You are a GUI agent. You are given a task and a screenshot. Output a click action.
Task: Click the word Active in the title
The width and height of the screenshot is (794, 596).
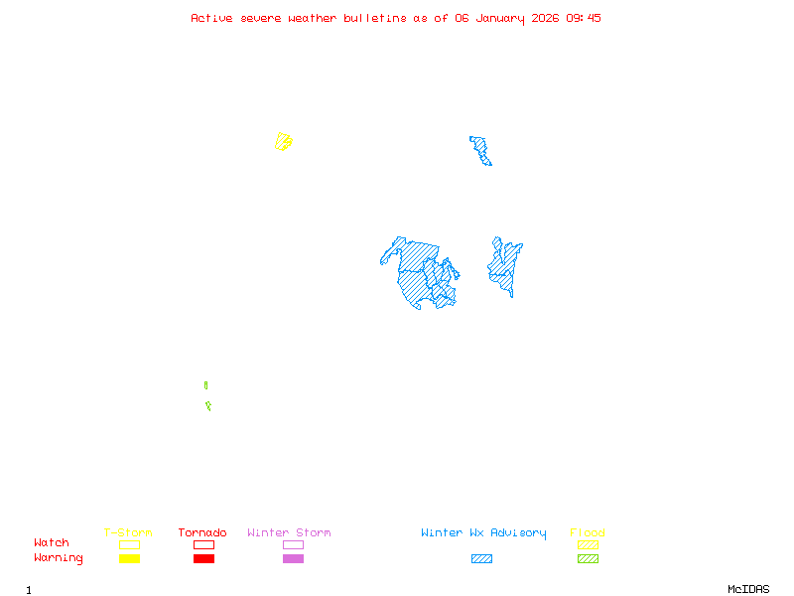coord(212,18)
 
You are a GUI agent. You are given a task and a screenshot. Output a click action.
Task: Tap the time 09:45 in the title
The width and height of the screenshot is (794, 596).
coord(584,18)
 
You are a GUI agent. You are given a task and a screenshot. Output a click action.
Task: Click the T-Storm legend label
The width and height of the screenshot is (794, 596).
coord(128,533)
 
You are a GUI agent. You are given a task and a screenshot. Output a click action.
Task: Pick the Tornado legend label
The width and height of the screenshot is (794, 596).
coord(202,533)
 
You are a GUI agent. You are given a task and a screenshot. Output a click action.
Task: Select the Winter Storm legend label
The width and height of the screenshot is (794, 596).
coord(289,533)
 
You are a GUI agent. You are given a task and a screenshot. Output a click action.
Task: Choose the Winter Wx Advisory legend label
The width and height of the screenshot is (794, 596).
coord(483,533)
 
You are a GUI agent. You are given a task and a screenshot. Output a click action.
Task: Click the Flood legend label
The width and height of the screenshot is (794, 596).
coord(588,533)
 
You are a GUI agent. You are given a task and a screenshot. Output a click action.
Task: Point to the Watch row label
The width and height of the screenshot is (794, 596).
coord(52,543)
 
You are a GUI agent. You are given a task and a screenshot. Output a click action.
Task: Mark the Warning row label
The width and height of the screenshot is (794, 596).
coord(58,558)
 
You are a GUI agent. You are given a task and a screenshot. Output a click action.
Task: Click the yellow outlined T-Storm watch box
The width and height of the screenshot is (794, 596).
coord(129,544)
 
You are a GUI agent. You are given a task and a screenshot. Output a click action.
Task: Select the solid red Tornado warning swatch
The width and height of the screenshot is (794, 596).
coord(203,558)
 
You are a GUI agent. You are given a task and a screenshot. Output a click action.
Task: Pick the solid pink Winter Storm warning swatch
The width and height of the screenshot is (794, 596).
coord(293,558)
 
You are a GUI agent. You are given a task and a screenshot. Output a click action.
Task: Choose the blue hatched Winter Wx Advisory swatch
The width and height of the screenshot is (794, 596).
coord(481,558)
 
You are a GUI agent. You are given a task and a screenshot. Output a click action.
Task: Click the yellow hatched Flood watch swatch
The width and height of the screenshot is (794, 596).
coord(588,544)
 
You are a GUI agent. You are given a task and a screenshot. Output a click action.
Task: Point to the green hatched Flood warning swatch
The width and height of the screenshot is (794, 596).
coord(588,558)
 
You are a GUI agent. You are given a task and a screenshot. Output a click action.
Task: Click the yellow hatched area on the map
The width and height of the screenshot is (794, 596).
coord(283,141)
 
